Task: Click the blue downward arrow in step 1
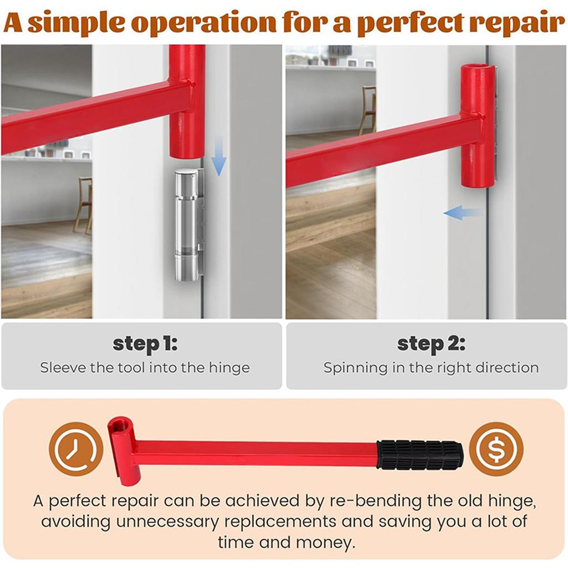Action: click(x=219, y=156)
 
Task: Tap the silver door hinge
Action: click(x=189, y=225)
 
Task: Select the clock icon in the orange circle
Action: click(x=76, y=449)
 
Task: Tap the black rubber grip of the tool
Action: click(x=420, y=455)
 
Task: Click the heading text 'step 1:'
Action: click(x=145, y=343)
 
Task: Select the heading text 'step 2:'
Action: click(x=431, y=343)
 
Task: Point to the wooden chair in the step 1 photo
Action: click(x=83, y=205)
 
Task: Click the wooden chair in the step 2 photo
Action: click(x=367, y=110)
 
